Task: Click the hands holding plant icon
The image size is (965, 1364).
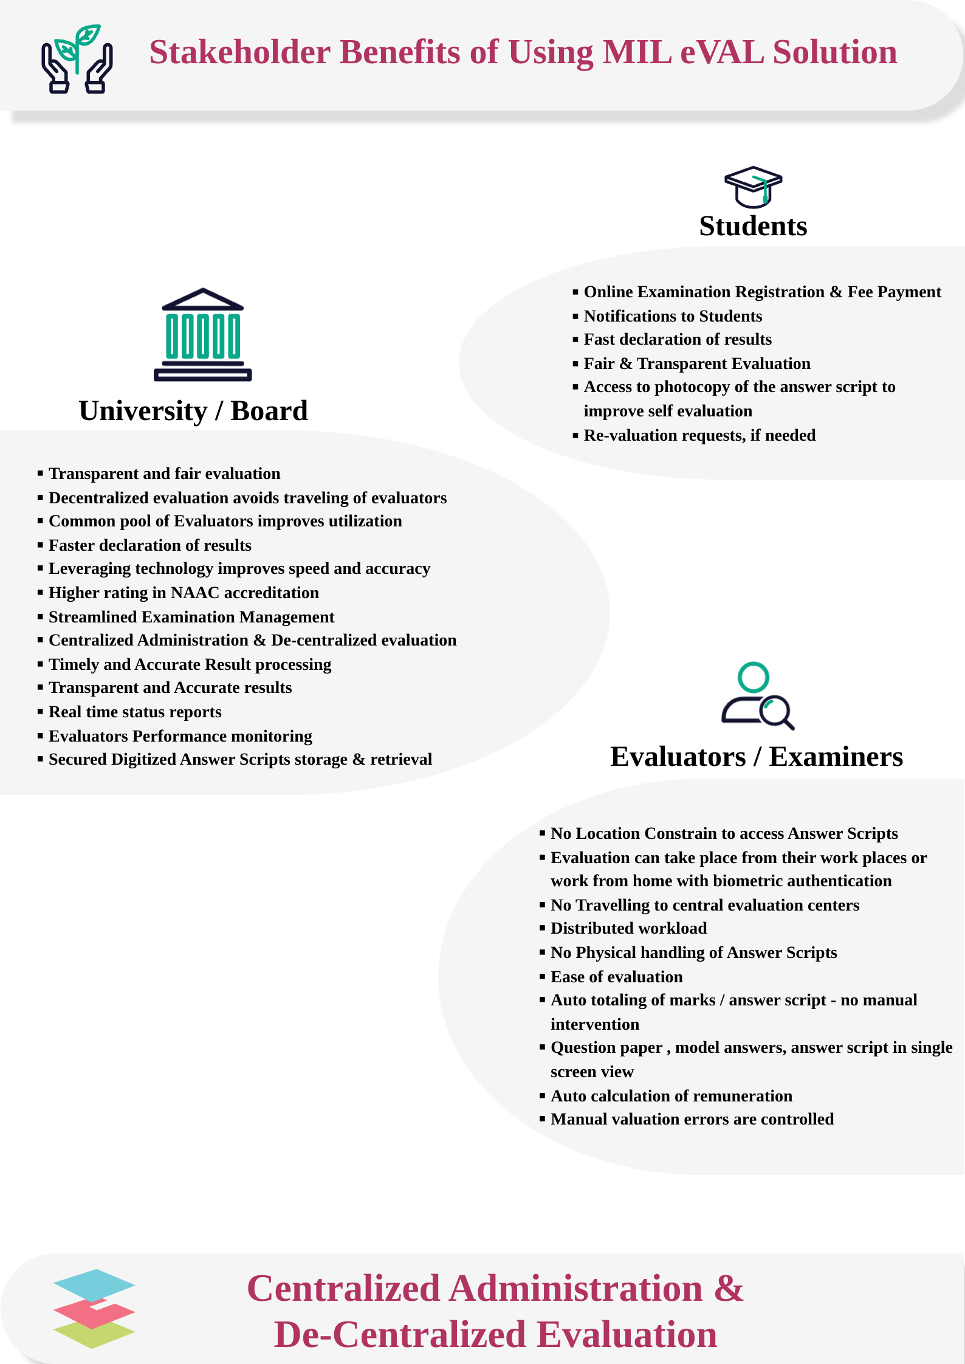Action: [x=77, y=59]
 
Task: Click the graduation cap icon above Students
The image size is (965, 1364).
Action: [x=753, y=187]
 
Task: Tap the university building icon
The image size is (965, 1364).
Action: [x=202, y=335]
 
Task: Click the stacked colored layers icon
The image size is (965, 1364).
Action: [x=94, y=1308]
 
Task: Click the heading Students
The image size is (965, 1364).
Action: [x=753, y=226]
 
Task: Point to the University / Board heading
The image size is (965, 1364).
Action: [x=193, y=411]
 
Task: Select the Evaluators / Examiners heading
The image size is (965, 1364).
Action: [x=757, y=757]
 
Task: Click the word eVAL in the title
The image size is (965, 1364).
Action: [x=722, y=52]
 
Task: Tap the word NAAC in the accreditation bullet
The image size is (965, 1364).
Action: [x=195, y=593]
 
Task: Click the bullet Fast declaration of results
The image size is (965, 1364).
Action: [x=678, y=339]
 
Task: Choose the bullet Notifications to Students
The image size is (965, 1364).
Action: [x=673, y=316]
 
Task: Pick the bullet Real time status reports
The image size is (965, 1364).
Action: [x=135, y=712]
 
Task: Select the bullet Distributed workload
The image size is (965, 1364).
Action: [x=628, y=928]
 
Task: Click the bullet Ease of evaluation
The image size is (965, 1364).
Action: [x=616, y=977]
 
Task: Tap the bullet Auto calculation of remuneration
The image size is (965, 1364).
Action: [x=671, y=1096]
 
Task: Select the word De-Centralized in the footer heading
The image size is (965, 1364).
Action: [x=400, y=1335]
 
